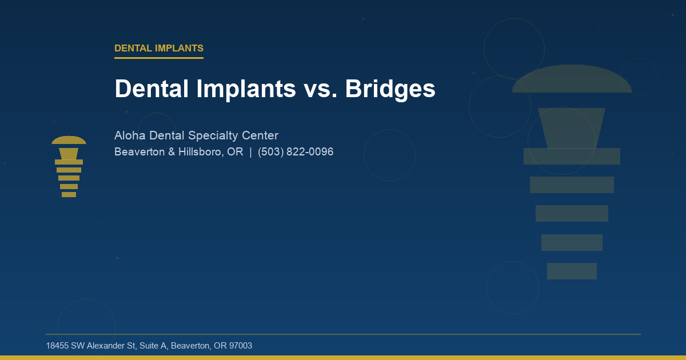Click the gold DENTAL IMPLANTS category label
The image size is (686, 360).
158,49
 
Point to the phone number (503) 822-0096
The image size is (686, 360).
296,152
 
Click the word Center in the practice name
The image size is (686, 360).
261,135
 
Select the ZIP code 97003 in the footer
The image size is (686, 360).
240,346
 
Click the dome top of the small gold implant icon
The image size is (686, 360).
69,141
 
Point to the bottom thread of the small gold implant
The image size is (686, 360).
69,194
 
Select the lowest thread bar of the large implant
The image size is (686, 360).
572,271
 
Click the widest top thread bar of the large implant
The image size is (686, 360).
572,156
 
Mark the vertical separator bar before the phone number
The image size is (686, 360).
250,152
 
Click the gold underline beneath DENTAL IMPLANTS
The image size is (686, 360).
158,58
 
